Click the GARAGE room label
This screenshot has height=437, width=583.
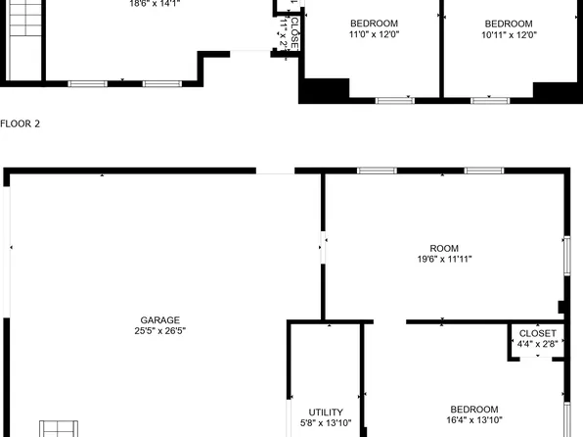tap(159, 320)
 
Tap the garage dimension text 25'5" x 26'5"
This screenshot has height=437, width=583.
tap(159, 332)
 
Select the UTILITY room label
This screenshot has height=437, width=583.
tap(326, 413)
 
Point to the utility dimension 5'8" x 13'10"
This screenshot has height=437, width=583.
tap(326, 424)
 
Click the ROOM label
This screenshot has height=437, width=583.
tap(444, 249)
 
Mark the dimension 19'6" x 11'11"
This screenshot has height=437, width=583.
tap(444, 261)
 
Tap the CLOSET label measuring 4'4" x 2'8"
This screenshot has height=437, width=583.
tap(538, 334)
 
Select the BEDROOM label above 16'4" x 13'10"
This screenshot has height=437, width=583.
tap(474, 410)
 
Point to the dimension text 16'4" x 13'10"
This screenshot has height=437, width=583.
tap(474, 421)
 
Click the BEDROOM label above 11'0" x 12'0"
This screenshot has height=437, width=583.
tap(375, 24)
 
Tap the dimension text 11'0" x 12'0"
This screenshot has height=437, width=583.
tap(375, 35)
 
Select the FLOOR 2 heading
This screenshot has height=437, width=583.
tap(21, 124)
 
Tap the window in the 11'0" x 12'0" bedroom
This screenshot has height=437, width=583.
tap(395, 99)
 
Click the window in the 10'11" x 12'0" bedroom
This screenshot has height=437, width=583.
tap(489, 99)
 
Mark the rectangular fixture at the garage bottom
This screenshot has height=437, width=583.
tap(60, 428)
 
